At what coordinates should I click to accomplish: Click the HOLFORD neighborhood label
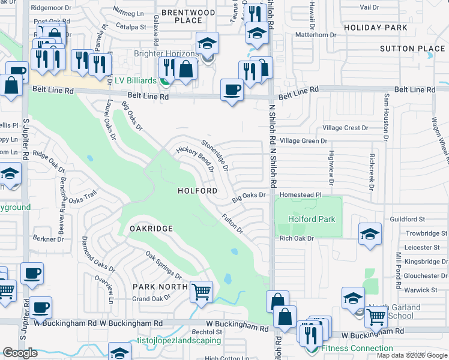click(197, 191)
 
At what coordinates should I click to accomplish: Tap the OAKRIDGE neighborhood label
click(151, 229)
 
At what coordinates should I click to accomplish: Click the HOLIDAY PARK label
click(372, 28)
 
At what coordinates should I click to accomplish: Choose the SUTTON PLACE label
click(405, 49)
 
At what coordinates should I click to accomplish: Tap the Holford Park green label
click(312, 220)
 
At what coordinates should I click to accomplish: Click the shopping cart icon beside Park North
click(202, 292)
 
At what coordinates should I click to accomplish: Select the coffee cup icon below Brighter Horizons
click(232, 90)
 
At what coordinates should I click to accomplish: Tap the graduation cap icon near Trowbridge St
click(370, 234)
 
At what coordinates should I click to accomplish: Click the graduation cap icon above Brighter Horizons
click(207, 43)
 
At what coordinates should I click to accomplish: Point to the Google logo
click(20, 352)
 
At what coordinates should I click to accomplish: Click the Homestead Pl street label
click(301, 195)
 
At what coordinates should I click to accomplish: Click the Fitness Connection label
click(357, 349)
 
